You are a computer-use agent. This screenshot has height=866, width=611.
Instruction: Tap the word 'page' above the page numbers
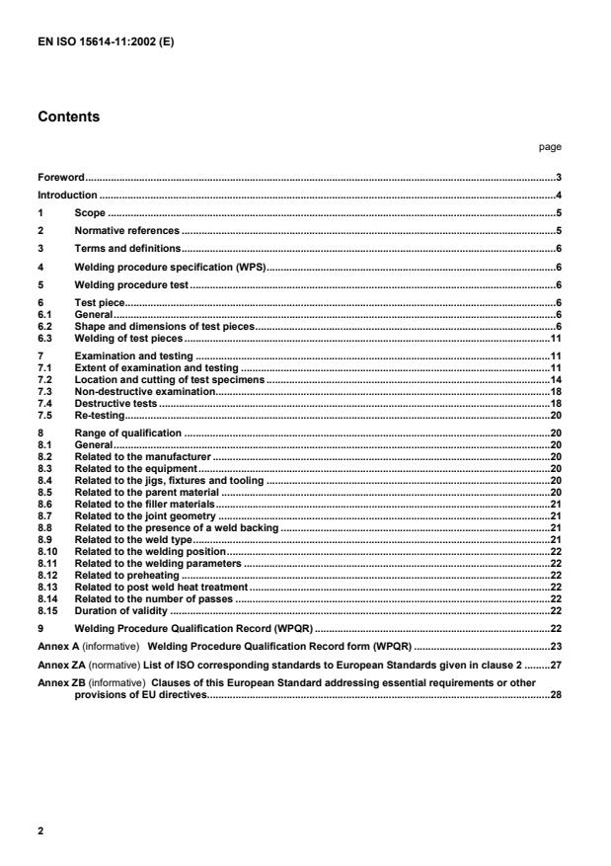[550, 146]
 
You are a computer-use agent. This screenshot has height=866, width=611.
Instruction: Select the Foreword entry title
[61, 177]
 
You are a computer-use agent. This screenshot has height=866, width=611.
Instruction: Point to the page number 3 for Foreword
[559, 177]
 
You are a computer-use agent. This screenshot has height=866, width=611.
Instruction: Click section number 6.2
[43, 326]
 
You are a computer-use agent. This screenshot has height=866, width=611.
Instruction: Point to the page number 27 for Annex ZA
[556, 664]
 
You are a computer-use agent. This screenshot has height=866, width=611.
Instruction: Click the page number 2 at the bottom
[40, 830]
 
